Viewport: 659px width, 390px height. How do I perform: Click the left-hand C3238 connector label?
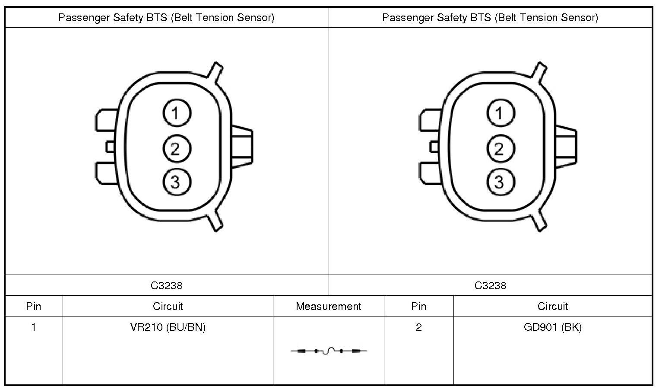click(x=167, y=285)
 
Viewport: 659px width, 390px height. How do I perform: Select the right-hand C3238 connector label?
click(x=491, y=285)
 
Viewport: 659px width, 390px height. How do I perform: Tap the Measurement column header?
click(x=328, y=307)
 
